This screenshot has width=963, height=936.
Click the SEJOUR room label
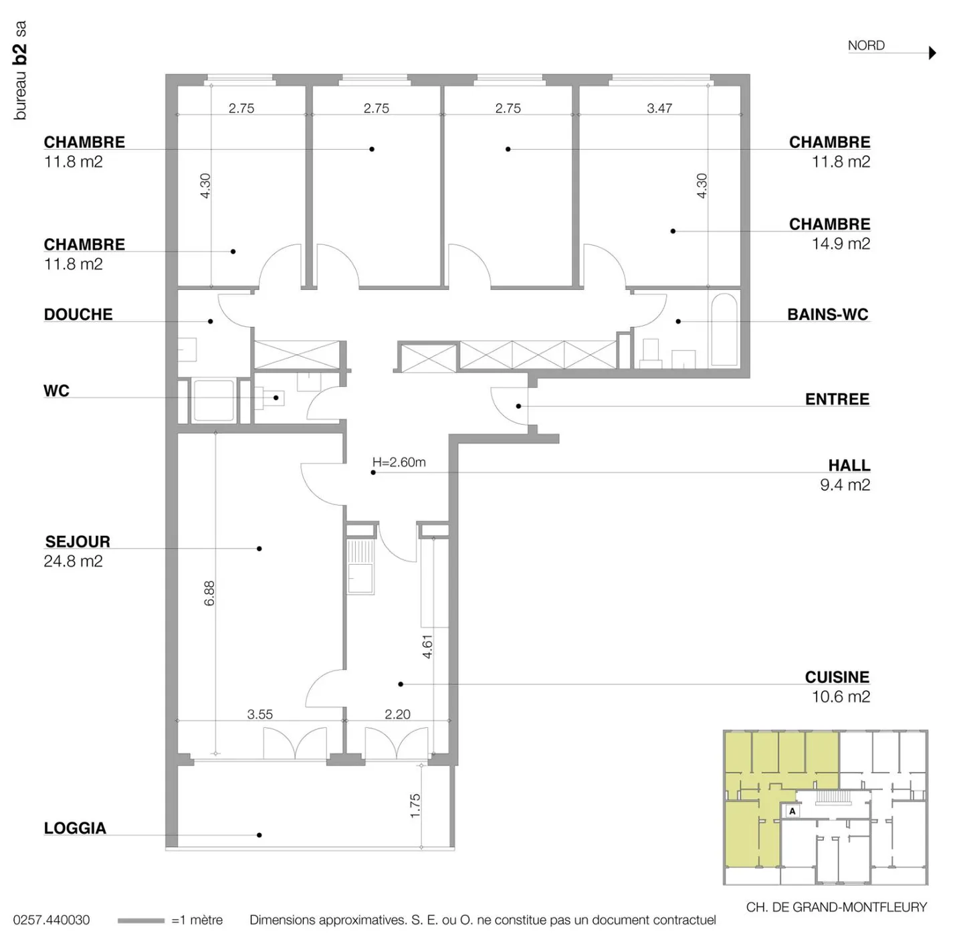(x=78, y=541)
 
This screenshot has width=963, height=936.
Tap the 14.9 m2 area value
(x=840, y=244)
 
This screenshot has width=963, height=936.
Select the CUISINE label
(x=837, y=676)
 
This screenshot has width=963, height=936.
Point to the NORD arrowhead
(x=932, y=53)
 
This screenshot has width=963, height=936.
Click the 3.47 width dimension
(x=659, y=108)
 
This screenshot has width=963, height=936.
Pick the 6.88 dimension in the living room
(x=209, y=593)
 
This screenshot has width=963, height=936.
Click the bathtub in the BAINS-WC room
(x=724, y=330)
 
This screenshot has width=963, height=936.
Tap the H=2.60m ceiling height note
(x=399, y=462)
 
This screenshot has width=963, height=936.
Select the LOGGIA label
(x=75, y=828)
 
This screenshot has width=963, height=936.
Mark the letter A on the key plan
(x=792, y=812)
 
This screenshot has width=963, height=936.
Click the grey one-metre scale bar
(x=141, y=921)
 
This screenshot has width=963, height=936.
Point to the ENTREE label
(x=837, y=399)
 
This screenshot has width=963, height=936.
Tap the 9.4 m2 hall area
(x=845, y=484)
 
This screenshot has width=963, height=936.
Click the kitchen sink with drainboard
(x=360, y=566)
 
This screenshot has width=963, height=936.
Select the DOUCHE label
(x=78, y=314)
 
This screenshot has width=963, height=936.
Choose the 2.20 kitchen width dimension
(x=397, y=714)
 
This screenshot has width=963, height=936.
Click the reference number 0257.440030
(x=51, y=920)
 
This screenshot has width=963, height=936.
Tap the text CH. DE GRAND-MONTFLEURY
(x=837, y=907)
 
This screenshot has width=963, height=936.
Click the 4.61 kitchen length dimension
(x=427, y=646)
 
